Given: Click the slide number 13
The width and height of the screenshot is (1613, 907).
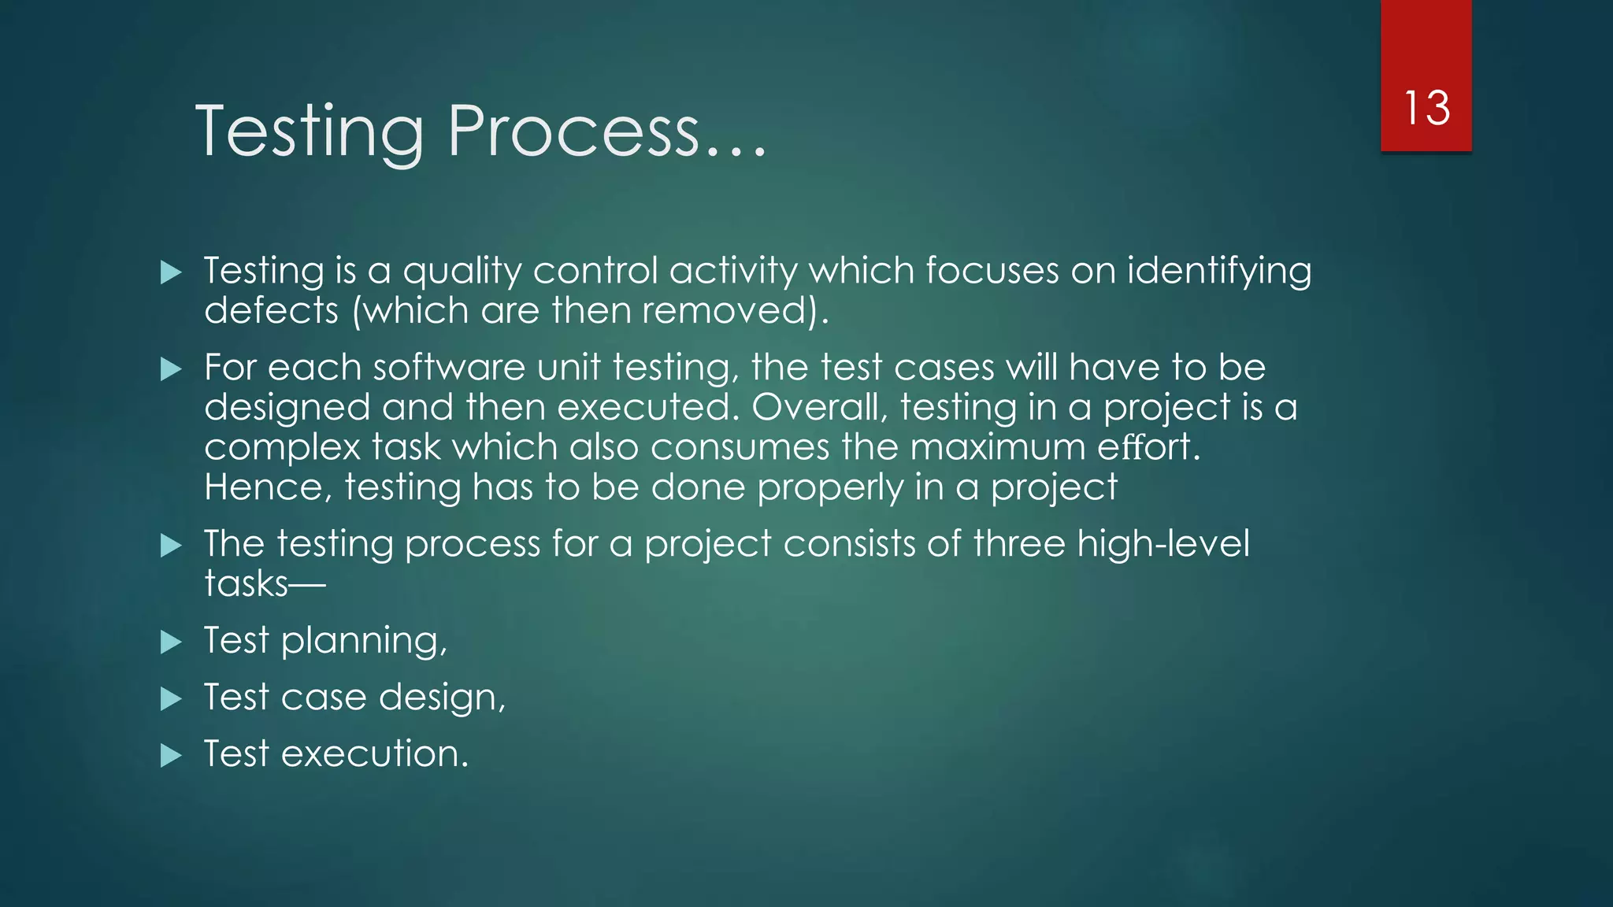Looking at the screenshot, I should [x=1426, y=108].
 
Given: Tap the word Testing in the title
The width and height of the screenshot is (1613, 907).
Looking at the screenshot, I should [x=310, y=132].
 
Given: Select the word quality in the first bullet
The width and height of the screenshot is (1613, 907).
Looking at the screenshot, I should [x=462, y=272].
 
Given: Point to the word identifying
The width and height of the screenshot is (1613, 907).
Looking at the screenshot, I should [x=1219, y=272].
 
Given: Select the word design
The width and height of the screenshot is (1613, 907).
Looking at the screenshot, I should [x=442, y=698].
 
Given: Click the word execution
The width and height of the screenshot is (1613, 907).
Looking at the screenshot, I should [x=374, y=754].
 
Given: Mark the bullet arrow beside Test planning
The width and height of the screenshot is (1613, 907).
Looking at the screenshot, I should [x=171, y=642].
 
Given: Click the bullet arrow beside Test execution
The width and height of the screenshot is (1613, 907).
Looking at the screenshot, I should [x=171, y=756].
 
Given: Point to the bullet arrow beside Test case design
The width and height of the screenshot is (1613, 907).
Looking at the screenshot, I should [x=171, y=699].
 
